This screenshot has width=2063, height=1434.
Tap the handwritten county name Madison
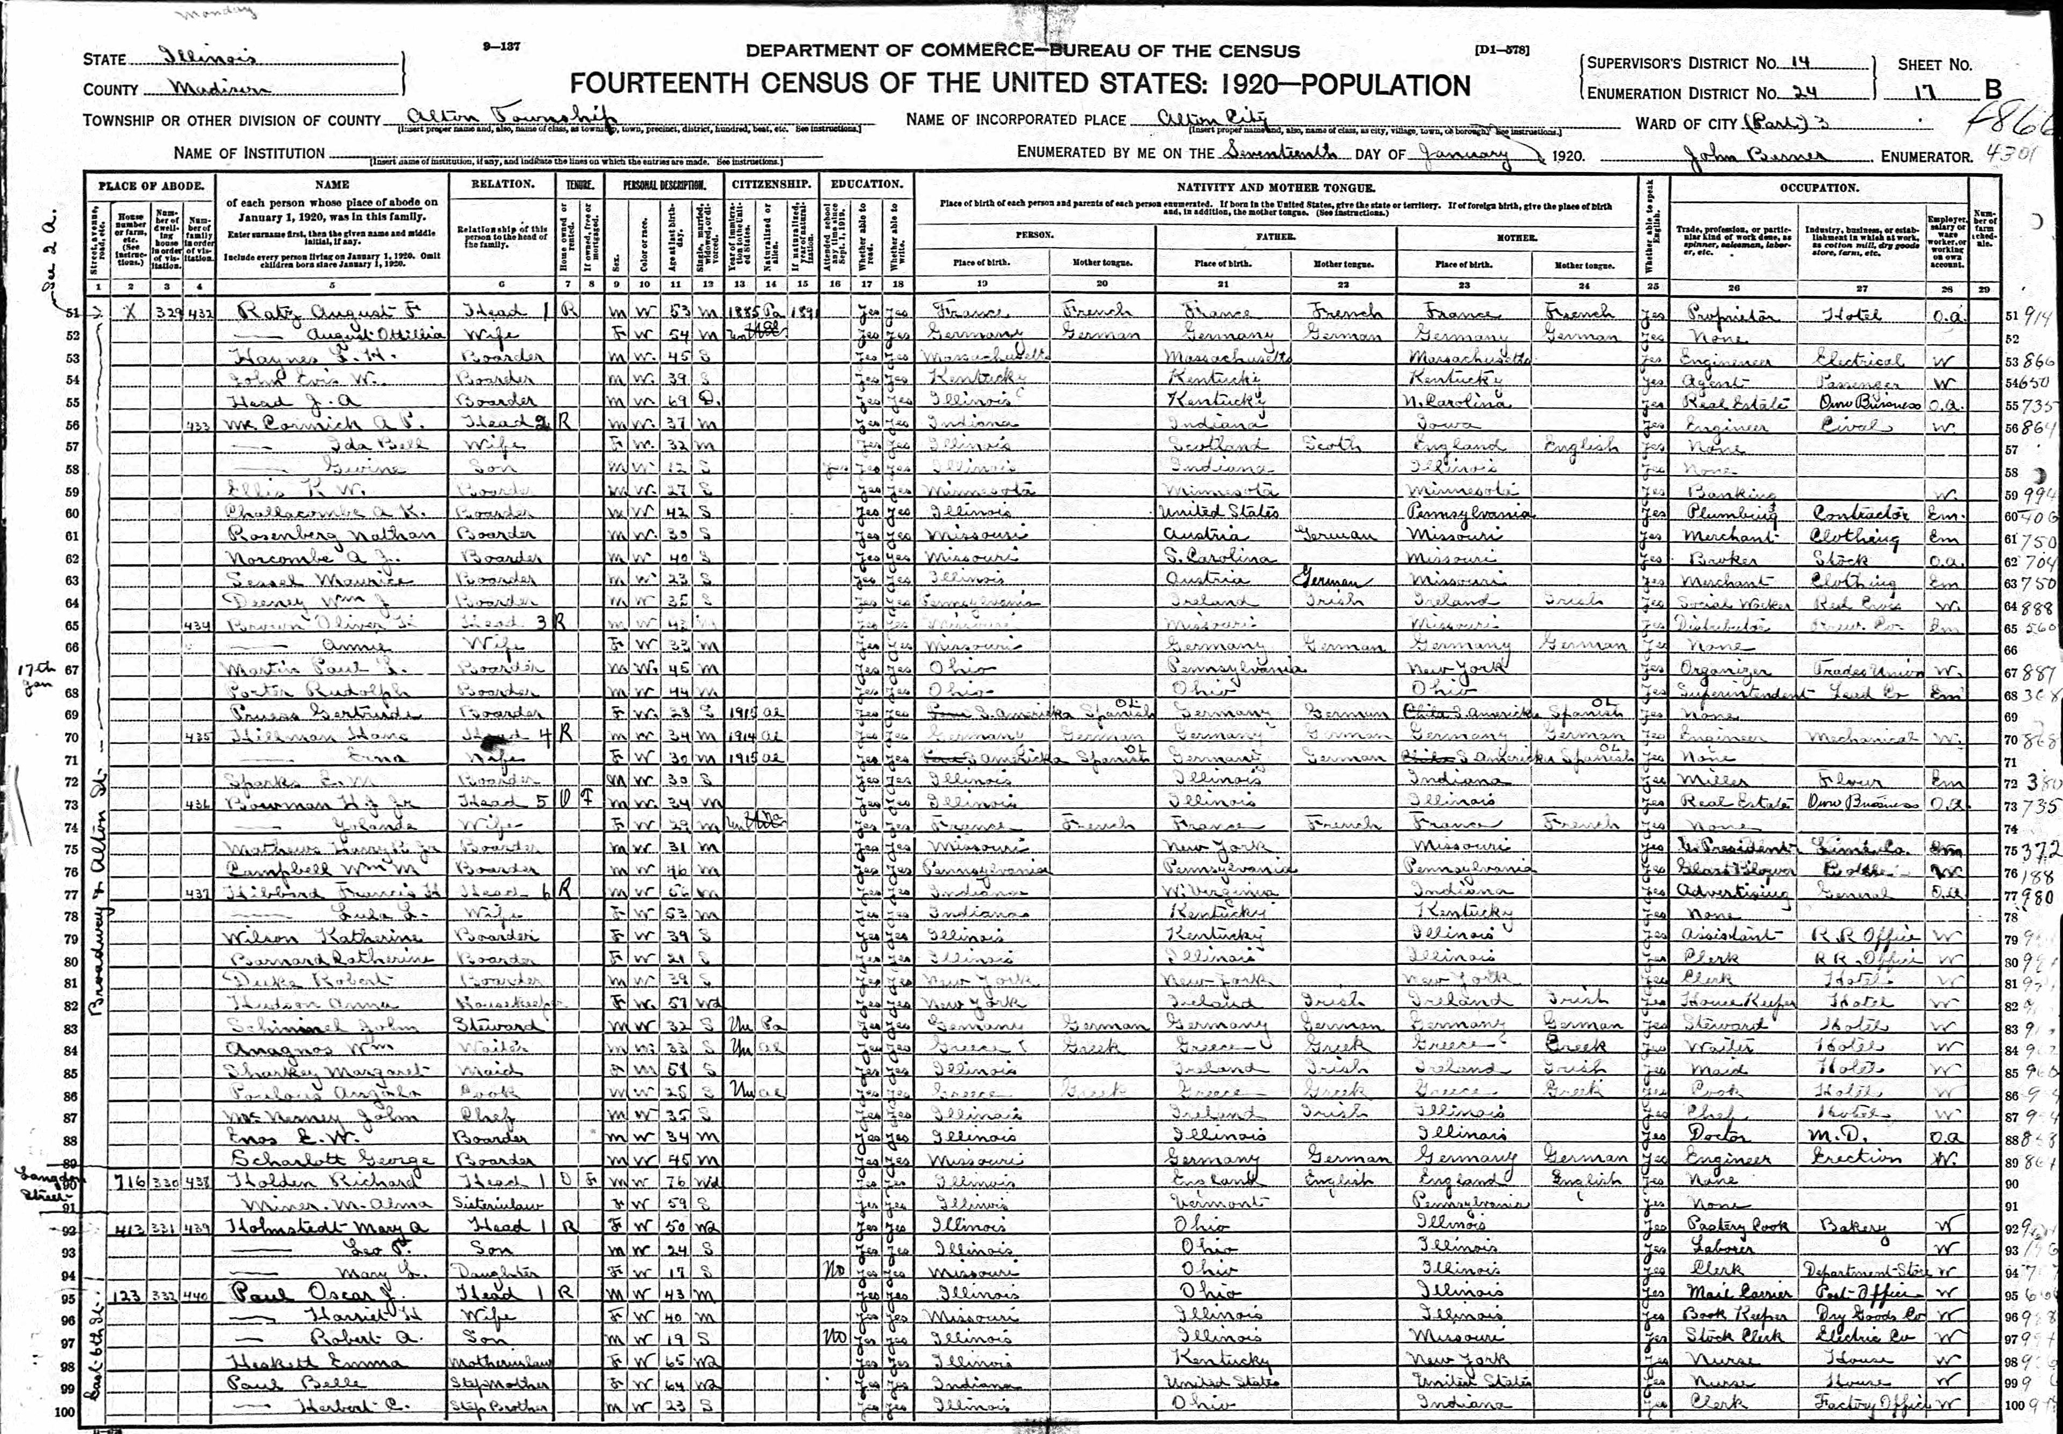point(214,88)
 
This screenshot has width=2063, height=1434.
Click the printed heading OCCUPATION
point(1819,188)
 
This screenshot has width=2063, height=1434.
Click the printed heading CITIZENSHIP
point(771,185)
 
